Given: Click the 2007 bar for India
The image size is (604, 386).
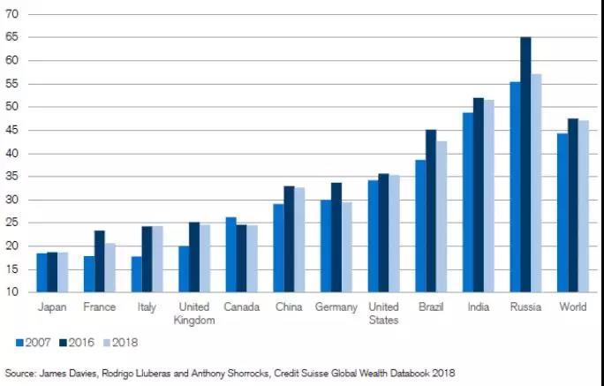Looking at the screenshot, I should point(468,202).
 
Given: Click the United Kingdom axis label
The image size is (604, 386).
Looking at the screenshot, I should point(194,314).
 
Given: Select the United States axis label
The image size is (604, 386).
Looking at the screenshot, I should point(383,314).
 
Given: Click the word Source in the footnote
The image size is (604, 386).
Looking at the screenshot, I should point(20,373).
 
